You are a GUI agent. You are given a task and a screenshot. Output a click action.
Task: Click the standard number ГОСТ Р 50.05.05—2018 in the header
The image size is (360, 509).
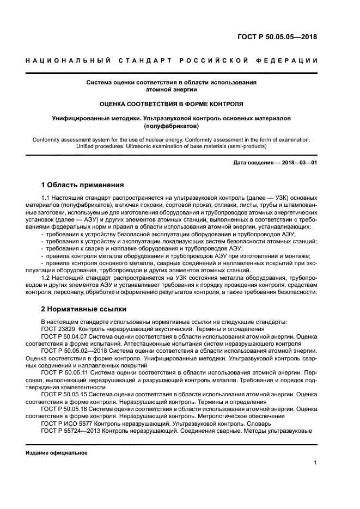click(277, 38)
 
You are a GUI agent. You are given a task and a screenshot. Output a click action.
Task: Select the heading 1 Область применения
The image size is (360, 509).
click(83, 185)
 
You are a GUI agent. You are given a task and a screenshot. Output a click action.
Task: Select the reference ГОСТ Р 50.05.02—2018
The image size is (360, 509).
click(74, 351)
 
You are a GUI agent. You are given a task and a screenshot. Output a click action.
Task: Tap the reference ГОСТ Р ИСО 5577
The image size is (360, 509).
click(66, 423)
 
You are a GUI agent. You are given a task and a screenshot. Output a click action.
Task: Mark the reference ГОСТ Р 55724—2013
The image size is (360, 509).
click(74, 430)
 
